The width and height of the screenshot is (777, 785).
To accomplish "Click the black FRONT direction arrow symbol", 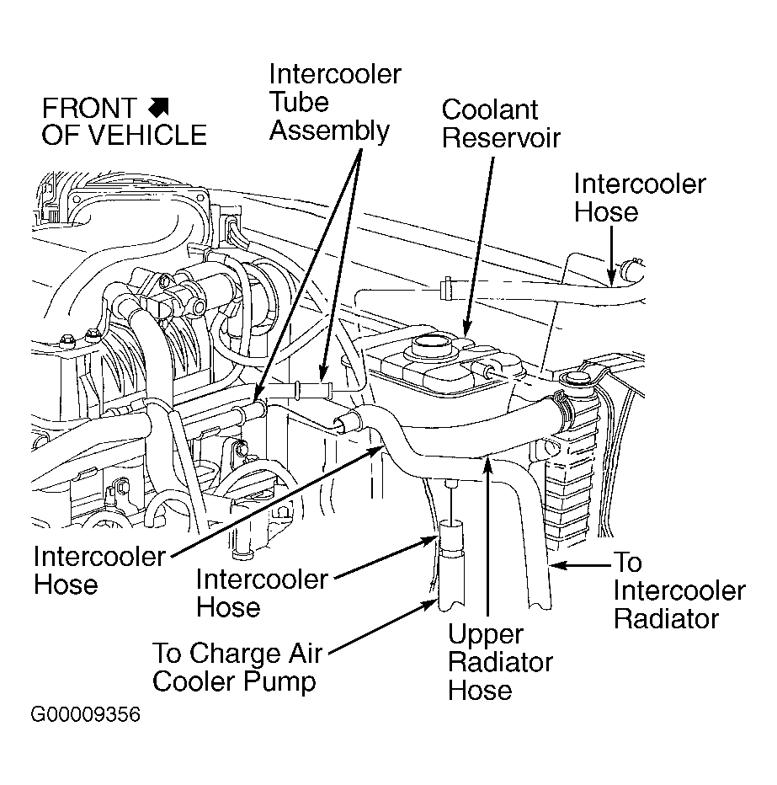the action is (159, 108).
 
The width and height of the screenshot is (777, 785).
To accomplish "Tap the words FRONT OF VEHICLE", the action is (124, 121).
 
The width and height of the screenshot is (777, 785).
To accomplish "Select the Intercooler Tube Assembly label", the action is (335, 103).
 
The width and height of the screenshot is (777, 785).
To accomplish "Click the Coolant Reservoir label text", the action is (501, 124).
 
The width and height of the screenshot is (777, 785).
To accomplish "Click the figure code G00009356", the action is (86, 714).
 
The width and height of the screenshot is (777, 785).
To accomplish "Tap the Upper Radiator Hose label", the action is (500, 662).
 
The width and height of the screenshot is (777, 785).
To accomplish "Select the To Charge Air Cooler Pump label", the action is (238, 667).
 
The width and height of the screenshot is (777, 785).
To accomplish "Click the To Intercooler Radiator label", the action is (679, 590).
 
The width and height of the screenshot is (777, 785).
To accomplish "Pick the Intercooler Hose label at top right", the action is (640, 198).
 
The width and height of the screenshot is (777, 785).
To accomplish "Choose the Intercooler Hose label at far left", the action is (99, 570).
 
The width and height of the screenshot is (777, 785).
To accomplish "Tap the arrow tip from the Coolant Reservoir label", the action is (466, 334).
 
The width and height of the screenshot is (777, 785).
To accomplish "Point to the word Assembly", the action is (329, 131).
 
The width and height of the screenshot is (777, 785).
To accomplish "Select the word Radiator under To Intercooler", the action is (666, 619).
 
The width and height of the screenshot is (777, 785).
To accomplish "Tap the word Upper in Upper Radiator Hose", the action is (486, 635).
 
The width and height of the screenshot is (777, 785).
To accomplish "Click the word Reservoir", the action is (501, 137).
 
